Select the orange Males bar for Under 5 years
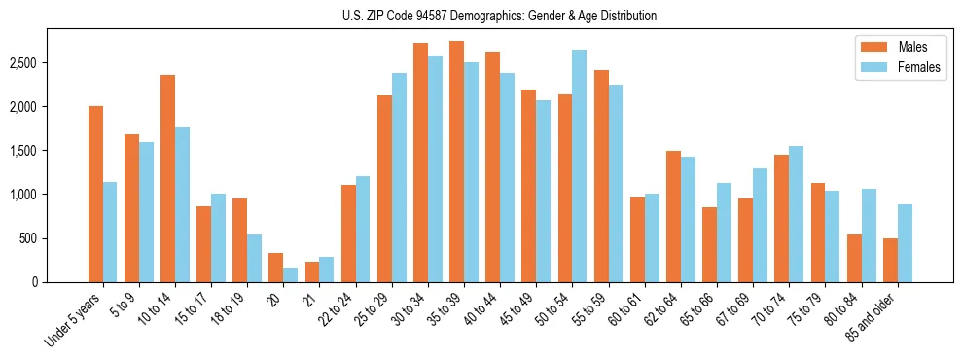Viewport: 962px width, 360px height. click(95, 195)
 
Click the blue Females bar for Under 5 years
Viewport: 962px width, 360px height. click(110, 233)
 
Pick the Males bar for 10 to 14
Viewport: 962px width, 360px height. click(167, 179)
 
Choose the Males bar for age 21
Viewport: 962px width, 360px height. click(312, 272)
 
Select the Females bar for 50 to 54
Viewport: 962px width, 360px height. click(579, 166)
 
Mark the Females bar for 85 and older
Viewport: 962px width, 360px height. click(905, 243)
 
